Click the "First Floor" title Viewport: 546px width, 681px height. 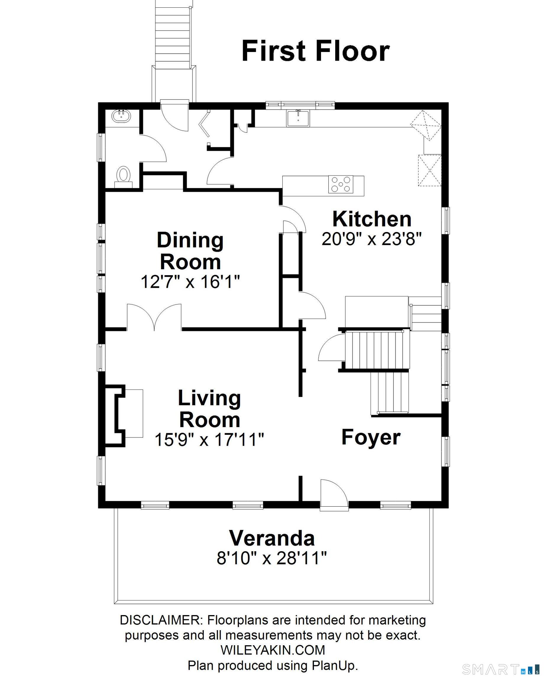tap(315, 51)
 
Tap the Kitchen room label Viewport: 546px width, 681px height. tap(372, 219)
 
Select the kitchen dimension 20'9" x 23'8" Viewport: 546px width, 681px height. tap(372, 239)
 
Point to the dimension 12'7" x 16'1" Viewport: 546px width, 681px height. tap(190, 281)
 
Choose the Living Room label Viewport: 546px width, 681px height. tap(210, 409)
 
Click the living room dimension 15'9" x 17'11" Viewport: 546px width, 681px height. tap(209, 439)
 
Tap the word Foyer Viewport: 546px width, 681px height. tap(371, 437)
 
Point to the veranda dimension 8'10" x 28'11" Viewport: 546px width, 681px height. tap(271, 558)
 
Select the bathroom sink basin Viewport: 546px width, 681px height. tap(121, 116)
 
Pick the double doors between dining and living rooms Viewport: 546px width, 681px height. tap(154, 317)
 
